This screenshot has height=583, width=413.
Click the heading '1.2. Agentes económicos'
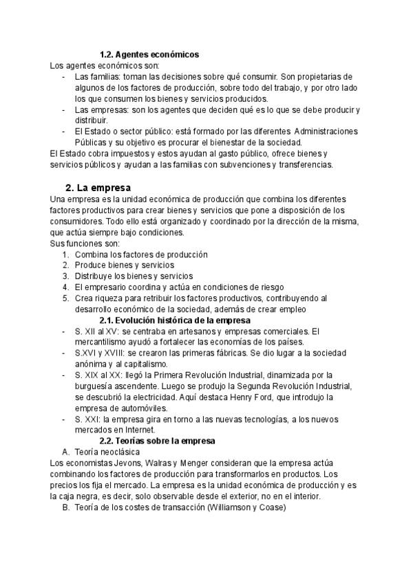point(149,54)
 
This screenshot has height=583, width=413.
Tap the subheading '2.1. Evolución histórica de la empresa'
point(176,320)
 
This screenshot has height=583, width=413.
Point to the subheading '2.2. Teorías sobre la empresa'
point(158,441)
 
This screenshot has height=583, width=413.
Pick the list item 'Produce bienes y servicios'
point(125,265)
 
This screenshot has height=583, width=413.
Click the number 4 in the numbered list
point(65,287)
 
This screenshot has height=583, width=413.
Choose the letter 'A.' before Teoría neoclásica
point(66,452)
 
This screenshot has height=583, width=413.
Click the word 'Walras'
point(156,463)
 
